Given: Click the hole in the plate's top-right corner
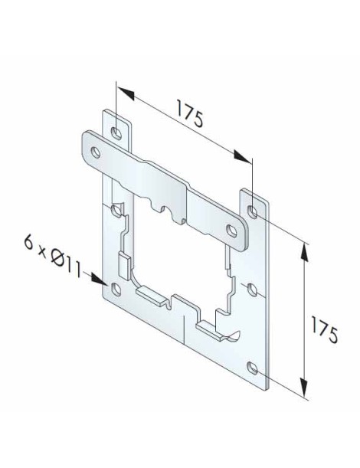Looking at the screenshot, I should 253,208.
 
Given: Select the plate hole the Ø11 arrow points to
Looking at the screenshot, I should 115,290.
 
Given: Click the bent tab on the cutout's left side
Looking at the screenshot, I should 123,264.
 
